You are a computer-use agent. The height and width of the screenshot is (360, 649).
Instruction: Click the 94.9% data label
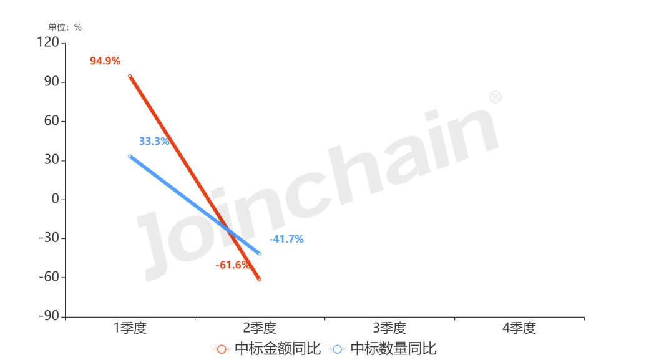(x=105, y=61)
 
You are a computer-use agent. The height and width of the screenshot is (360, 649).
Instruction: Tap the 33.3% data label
(x=154, y=141)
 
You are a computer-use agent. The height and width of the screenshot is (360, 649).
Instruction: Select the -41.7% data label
(x=286, y=239)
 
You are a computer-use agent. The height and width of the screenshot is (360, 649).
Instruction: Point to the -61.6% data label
(x=233, y=265)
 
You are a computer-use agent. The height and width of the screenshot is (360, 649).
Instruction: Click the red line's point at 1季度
(x=130, y=75)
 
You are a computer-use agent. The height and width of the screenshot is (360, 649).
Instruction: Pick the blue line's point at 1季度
(x=130, y=156)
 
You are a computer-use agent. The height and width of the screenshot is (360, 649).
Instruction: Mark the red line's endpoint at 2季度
(x=260, y=280)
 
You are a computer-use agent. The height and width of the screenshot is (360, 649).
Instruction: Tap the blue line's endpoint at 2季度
(x=260, y=254)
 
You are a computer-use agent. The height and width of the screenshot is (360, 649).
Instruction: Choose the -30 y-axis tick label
(x=50, y=238)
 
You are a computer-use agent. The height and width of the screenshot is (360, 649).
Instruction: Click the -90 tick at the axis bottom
(x=50, y=316)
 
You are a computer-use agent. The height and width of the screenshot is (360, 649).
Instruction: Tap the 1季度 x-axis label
(x=130, y=328)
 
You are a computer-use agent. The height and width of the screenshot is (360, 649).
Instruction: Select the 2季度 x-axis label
(x=260, y=328)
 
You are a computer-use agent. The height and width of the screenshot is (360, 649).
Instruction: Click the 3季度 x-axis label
(x=389, y=328)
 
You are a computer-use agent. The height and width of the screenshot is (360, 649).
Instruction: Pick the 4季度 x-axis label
(x=519, y=328)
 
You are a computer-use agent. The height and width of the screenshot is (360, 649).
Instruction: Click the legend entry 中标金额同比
(x=267, y=349)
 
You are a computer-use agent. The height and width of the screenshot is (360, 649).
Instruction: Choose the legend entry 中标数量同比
(x=383, y=349)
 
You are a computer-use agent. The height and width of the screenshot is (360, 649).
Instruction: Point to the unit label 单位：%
(x=65, y=27)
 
